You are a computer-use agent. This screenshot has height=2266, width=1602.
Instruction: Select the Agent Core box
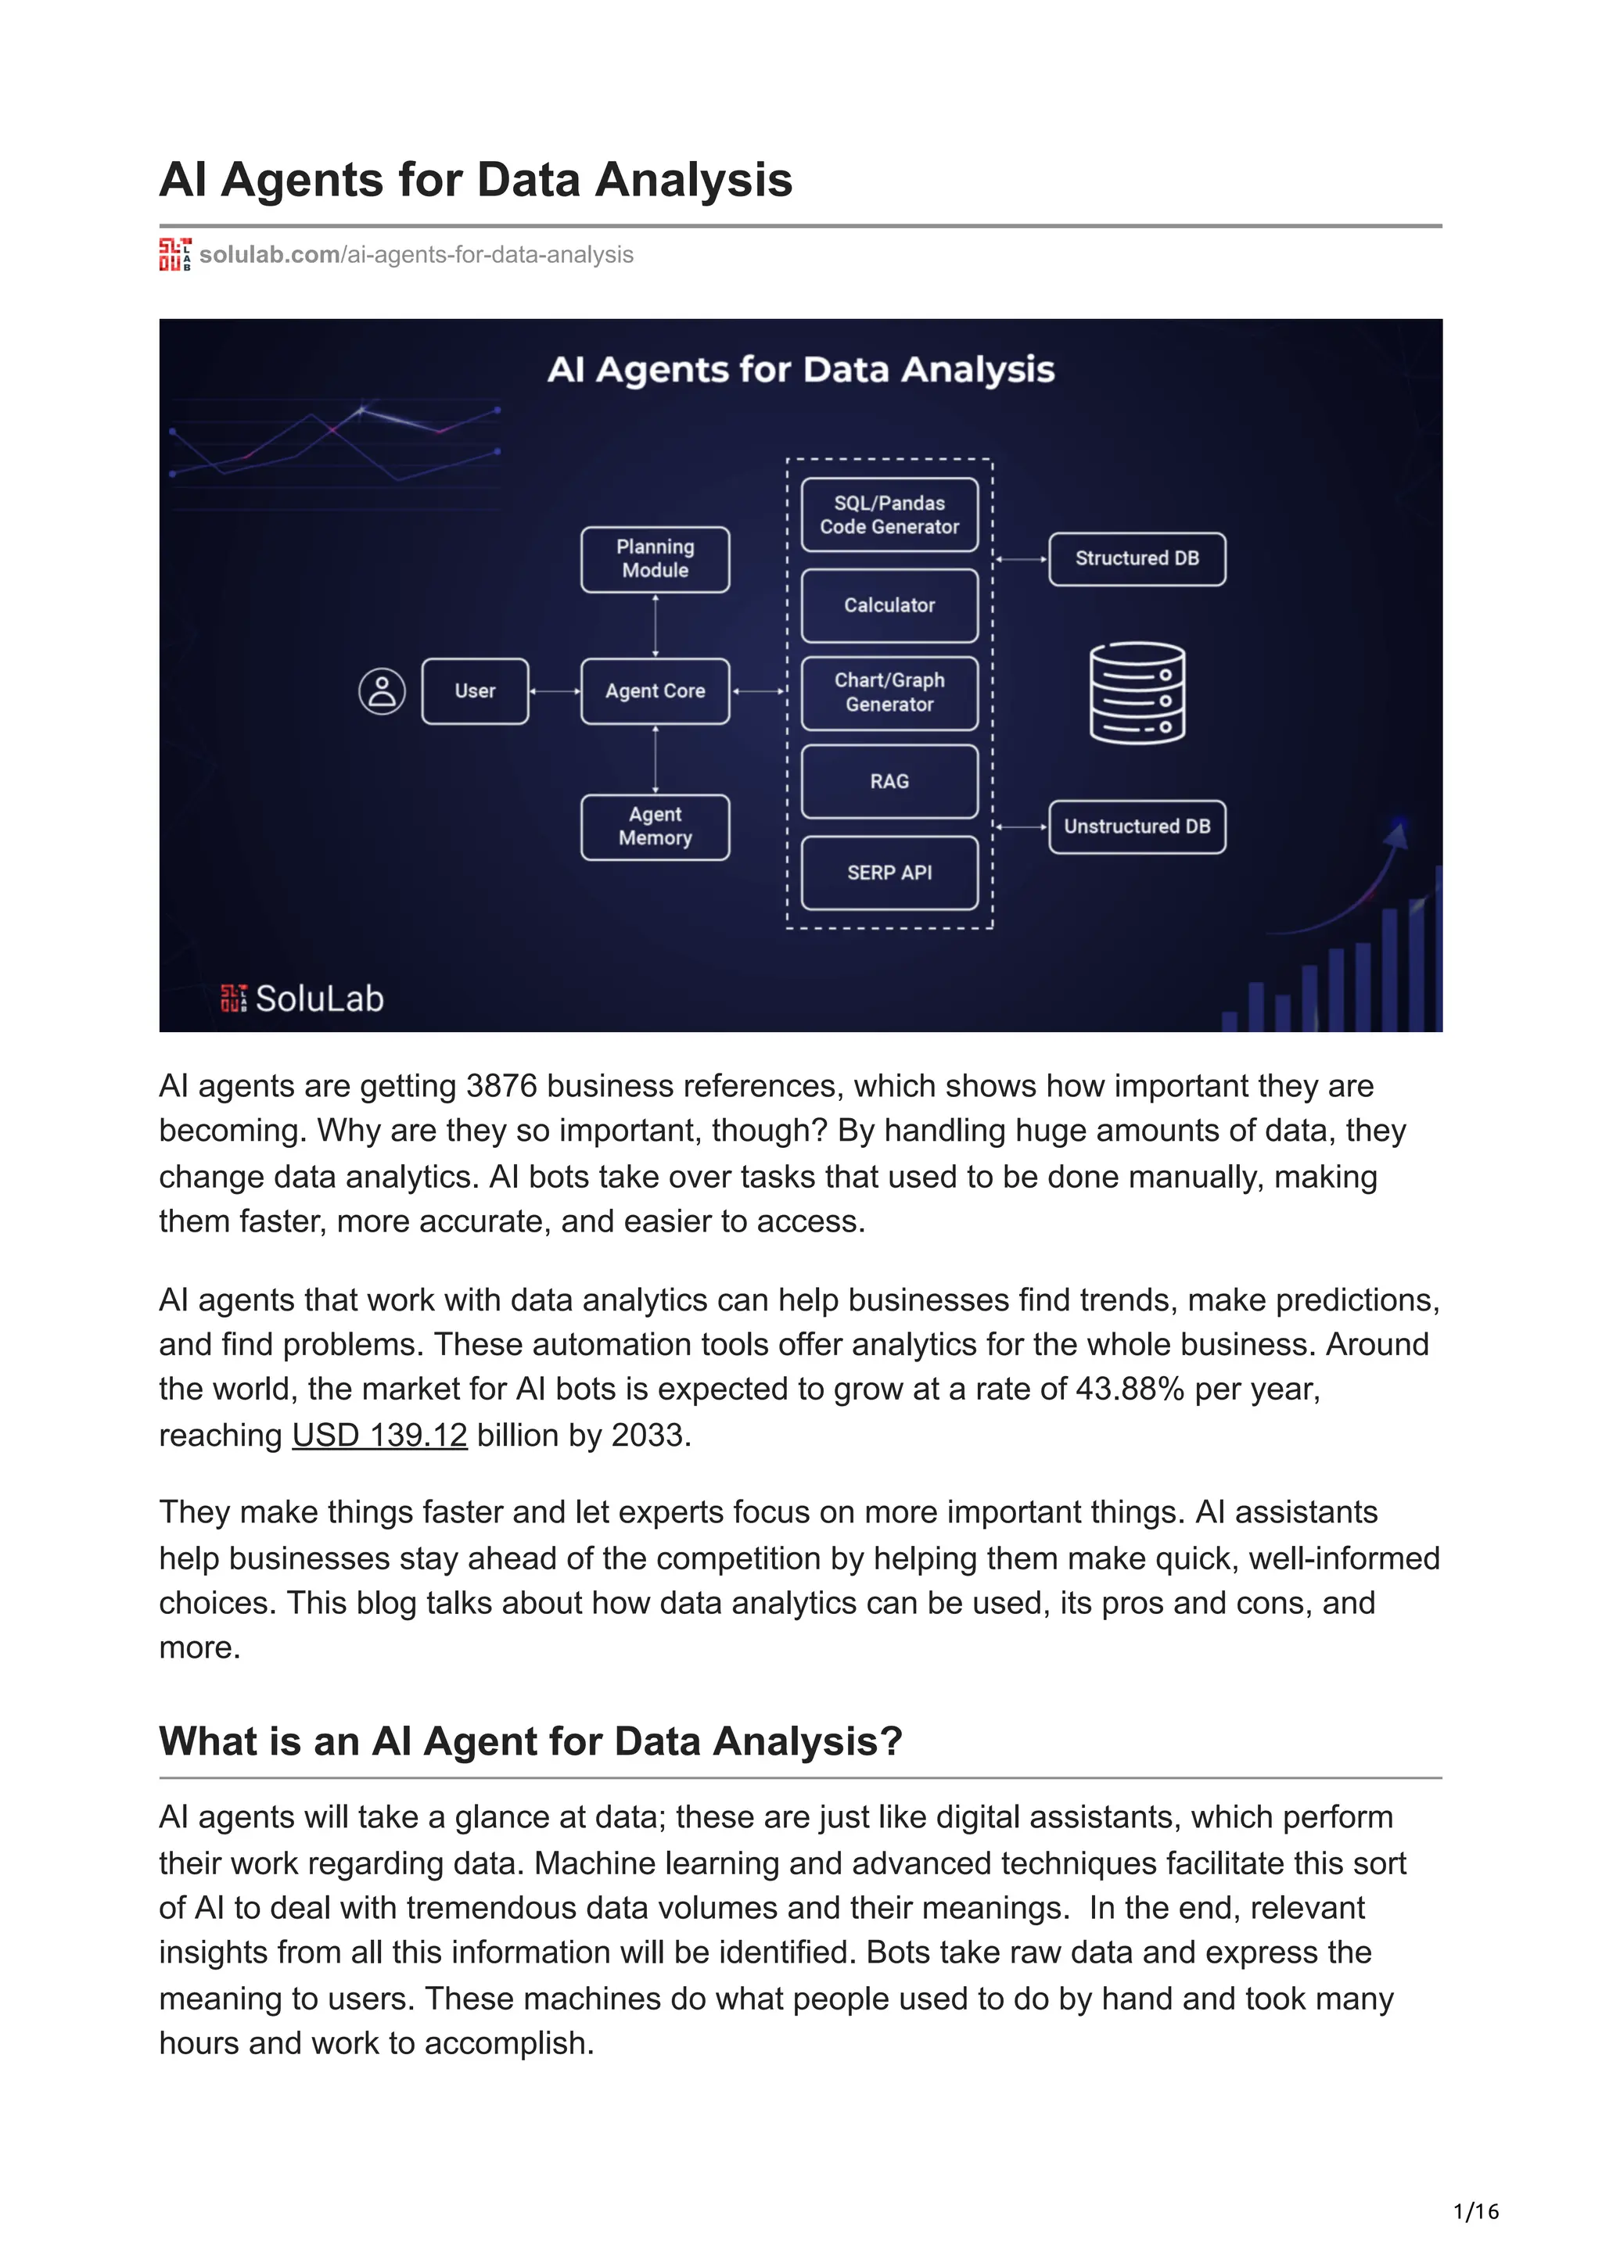pos(655,691)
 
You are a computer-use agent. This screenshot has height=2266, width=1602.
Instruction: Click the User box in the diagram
pos(475,691)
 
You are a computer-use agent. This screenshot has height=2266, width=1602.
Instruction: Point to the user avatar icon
pos(382,691)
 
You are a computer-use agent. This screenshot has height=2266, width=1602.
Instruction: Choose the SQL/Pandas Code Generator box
pos(889,515)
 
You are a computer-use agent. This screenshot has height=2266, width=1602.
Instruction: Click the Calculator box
pos(889,605)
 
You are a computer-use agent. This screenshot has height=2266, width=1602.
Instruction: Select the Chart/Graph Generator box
pos(889,692)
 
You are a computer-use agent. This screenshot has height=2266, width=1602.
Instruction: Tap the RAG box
pos(889,780)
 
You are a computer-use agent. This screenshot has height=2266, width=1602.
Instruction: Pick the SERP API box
pos(889,873)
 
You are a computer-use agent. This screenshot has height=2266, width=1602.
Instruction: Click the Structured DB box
pos(1137,558)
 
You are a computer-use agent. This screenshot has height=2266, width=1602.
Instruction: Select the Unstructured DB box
pos(1137,826)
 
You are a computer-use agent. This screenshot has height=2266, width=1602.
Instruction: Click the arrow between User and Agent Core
pos(555,691)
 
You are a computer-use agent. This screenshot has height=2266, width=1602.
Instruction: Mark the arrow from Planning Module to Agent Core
pos(656,625)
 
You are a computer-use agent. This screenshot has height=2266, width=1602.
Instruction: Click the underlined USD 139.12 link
pos(379,1434)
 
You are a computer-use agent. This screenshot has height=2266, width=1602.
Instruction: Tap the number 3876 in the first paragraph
pos(501,1085)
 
